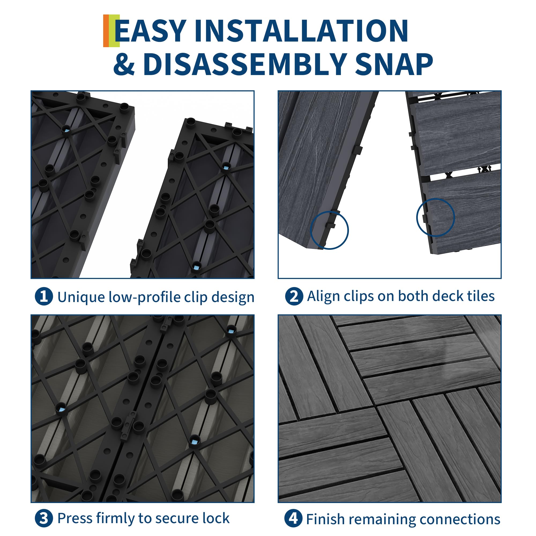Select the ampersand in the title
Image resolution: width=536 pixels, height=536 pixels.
point(124,64)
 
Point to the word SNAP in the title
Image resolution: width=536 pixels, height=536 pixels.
point(394,64)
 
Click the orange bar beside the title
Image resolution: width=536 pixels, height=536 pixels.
point(106,31)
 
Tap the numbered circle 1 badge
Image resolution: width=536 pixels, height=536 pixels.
point(44,297)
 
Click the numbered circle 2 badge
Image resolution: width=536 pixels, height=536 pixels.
point(294,297)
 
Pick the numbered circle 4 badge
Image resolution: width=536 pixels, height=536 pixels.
point(293,518)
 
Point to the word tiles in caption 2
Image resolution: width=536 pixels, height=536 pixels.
point(481,296)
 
